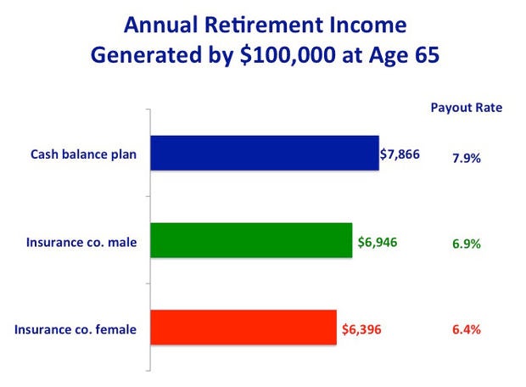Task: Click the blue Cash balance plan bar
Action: coord(265,153)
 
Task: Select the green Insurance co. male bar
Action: coord(251,240)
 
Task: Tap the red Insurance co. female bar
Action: coord(243,328)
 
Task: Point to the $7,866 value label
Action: coord(400,154)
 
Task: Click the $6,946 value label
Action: coord(378,242)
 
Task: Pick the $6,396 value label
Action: coord(361,329)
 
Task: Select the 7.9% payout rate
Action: coord(467,158)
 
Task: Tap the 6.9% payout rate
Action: coord(467,244)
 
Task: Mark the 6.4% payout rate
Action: coord(467,329)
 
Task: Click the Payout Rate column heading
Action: coord(467,108)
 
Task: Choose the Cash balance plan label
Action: coord(83,154)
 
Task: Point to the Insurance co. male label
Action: coord(81,243)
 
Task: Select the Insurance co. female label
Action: coord(76,329)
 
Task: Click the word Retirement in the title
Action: coord(264,25)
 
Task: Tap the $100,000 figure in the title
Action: coord(288,54)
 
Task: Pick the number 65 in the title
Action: coord(427,54)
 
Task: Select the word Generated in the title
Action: coord(146,55)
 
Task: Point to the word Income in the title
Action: coord(368,25)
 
